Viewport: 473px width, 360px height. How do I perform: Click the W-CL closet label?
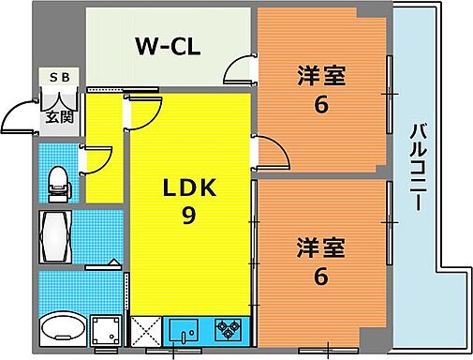coord(166,46)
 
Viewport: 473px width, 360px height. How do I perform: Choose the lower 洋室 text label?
coord(321,249)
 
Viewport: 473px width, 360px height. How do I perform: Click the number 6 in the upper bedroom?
coord(321,104)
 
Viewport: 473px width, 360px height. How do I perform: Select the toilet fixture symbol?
coord(57,182)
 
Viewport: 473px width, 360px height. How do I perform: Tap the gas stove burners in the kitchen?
coord(227,329)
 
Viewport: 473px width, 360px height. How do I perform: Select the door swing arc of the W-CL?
coord(242,70)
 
